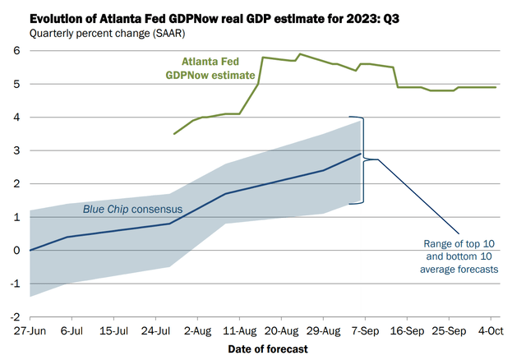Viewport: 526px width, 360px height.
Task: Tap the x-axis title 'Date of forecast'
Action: point(269,348)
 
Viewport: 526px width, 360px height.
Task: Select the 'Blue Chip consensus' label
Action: point(132,209)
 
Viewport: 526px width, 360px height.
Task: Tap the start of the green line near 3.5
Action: point(174,134)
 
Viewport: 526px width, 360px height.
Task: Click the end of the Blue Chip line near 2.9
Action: point(361,154)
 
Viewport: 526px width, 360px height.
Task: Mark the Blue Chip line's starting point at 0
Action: point(30,250)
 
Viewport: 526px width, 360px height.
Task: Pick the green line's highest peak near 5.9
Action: point(300,54)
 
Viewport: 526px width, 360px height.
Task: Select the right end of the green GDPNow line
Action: point(496,87)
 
